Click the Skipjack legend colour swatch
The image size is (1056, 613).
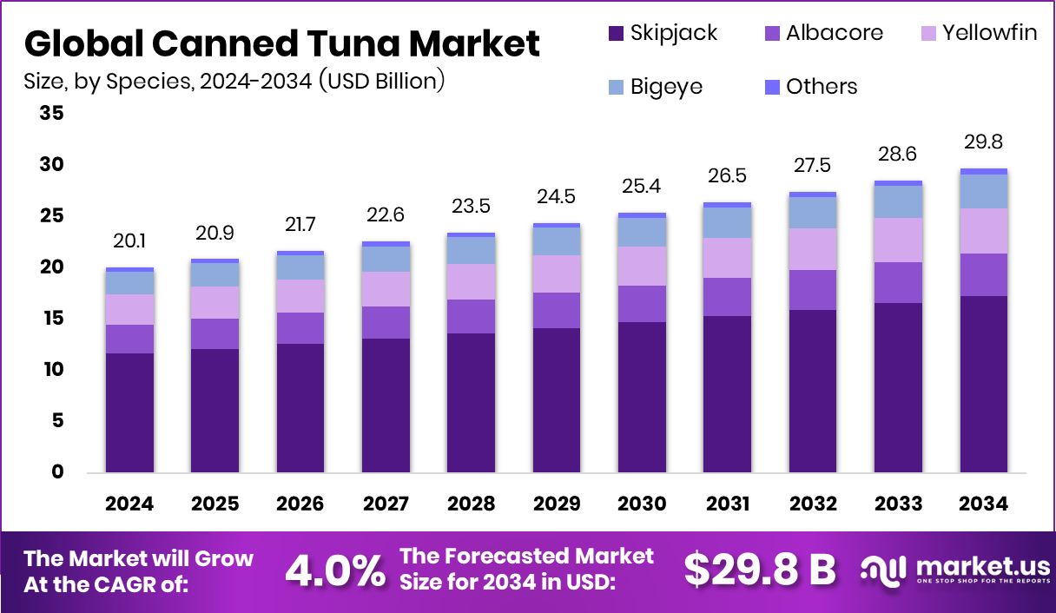pos(616,34)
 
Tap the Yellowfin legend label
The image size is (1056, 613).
pos(989,34)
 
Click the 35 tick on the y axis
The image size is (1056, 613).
pos(51,114)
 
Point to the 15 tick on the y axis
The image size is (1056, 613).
pos(51,319)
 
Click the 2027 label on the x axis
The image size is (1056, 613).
pos(386,504)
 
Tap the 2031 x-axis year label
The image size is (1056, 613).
pos(728,504)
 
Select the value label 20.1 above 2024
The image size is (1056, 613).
pos(129,241)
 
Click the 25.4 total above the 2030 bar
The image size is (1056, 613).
pos(643,186)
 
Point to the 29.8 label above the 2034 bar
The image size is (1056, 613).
pos(985,142)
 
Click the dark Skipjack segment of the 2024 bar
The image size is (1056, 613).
pos(129,412)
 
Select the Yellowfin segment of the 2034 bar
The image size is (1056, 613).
pos(985,231)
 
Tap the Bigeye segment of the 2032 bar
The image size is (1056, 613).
pos(814,213)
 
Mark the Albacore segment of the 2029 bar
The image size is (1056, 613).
pos(557,310)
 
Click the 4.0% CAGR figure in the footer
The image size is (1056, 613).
pos(335,570)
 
